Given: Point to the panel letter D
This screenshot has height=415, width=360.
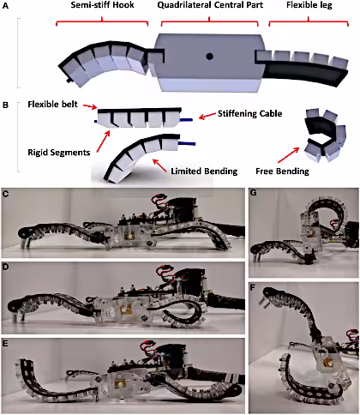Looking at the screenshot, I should tap(8, 267).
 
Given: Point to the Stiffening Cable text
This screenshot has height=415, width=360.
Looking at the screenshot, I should tap(242, 111).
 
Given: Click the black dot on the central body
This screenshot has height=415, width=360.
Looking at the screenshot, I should tap(207, 58).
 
